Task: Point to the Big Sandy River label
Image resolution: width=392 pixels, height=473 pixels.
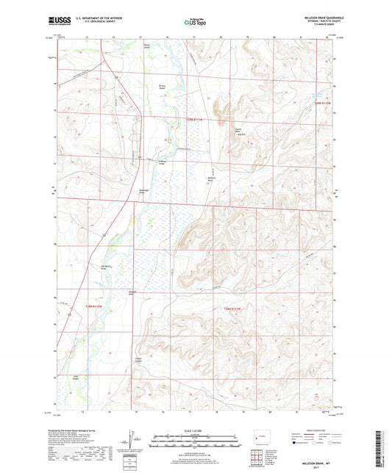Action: pos(104,267)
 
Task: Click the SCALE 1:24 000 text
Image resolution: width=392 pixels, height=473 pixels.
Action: pos(196,433)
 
